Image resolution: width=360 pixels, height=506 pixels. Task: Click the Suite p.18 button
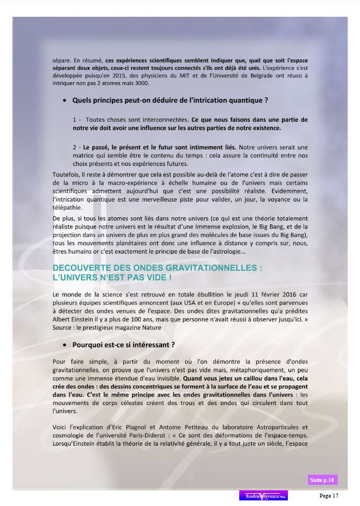pyautogui.click(x=323, y=480)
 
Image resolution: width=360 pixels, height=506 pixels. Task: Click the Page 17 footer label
pyautogui.click(x=329, y=495)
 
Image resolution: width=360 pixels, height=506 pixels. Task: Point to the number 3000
pyautogui.click(x=143, y=83)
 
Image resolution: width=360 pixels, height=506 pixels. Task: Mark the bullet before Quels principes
pyautogui.click(x=66, y=101)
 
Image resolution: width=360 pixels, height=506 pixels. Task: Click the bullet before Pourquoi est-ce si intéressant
pyautogui.click(x=66, y=345)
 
